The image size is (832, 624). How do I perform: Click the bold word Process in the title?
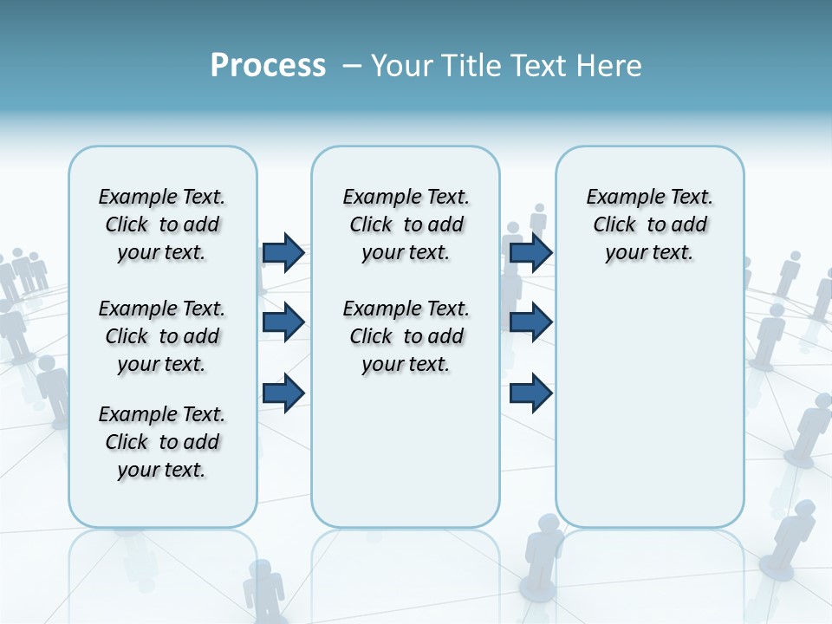pos(268,66)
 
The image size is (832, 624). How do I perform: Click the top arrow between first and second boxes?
pos(283,253)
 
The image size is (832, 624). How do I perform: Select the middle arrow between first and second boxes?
pos(283,322)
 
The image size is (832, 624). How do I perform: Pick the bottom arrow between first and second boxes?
pos(283,393)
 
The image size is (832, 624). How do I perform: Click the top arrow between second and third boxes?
pos(530,253)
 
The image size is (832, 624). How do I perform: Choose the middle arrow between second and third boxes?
pos(530,322)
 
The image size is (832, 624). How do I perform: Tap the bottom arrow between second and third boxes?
pos(530,393)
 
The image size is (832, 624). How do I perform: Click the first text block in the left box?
pos(162,224)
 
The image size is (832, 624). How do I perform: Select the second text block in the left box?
pos(162,336)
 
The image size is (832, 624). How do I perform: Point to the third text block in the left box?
pos(162,442)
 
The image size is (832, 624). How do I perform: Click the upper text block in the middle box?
pos(406,224)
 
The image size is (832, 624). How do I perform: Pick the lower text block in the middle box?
pos(406,336)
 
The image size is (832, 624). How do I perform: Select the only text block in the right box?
pos(649,224)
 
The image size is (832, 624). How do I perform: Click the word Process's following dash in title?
pos(352,66)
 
